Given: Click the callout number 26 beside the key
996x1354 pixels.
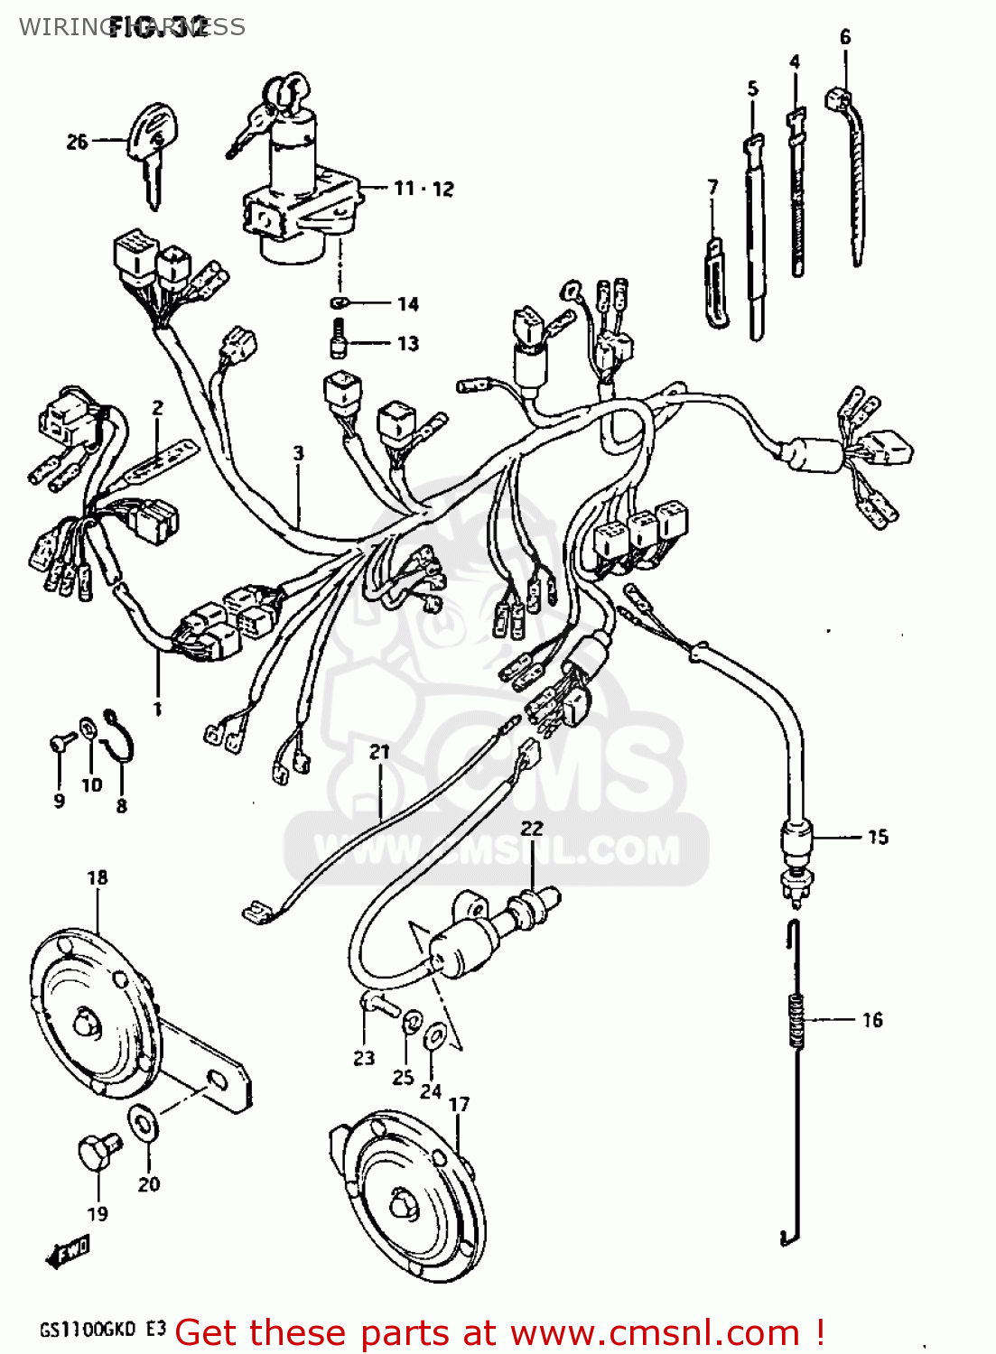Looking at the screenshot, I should (x=77, y=142).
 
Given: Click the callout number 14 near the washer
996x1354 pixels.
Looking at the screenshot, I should (x=408, y=304).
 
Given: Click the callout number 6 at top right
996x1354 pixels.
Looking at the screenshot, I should (x=845, y=37).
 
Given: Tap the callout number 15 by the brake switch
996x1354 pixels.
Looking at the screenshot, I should (x=878, y=838).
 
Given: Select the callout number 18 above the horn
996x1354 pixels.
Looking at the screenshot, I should (x=98, y=877).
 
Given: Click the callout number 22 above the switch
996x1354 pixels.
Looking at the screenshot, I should (x=533, y=829).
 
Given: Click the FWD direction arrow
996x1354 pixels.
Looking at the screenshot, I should (x=68, y=1251).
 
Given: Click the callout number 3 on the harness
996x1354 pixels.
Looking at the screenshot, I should (x=298, y=453).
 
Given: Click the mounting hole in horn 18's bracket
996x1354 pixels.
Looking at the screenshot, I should (x=217, y=1079).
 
